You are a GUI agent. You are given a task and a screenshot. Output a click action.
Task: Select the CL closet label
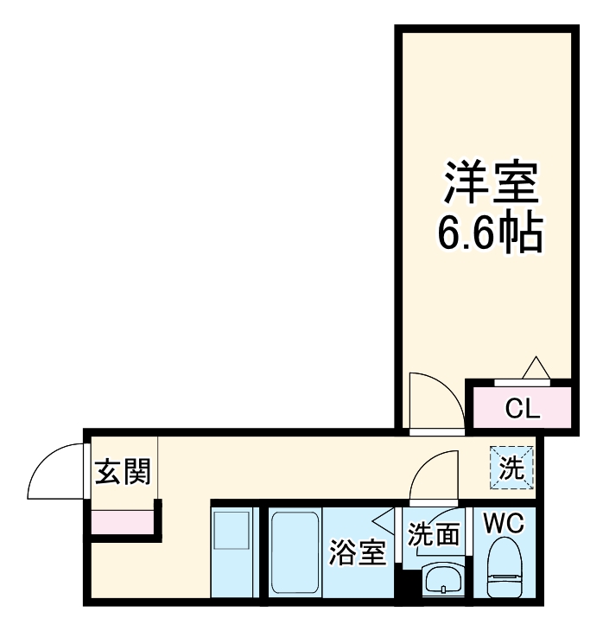coord(522,408)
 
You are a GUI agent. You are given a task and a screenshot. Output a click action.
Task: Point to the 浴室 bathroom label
coord(356,552)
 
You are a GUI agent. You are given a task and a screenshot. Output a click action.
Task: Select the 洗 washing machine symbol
coord(511,468)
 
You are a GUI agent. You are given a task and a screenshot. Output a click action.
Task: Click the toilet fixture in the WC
coord(505,570)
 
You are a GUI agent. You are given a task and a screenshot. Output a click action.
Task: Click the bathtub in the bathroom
coord(295,551)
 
